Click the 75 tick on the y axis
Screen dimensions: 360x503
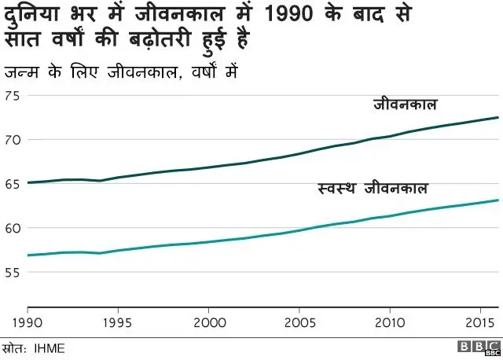pos(13,96)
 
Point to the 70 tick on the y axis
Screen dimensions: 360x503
pos(13,140)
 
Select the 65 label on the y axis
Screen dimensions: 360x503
pos(13,184)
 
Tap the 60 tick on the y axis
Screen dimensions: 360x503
pos(13,228)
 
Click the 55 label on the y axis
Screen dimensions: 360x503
pos(13,272)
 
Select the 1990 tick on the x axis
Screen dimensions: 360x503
pos(28,322)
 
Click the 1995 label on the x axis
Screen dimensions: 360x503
pos(117,322)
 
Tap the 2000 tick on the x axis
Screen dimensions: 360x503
pos(208,322)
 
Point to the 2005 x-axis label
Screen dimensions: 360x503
pos(299,322)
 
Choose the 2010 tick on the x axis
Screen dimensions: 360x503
pos(390,322)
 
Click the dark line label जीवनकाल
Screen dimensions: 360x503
pos(405,105)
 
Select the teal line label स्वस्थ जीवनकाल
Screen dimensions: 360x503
pos(373,189)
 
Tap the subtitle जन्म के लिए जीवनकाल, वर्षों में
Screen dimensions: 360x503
pos(121,73)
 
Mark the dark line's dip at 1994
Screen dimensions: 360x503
pos(100,181)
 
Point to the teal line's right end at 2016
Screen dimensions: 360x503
pos(498,200)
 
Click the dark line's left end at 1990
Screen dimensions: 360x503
pos(28,182)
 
